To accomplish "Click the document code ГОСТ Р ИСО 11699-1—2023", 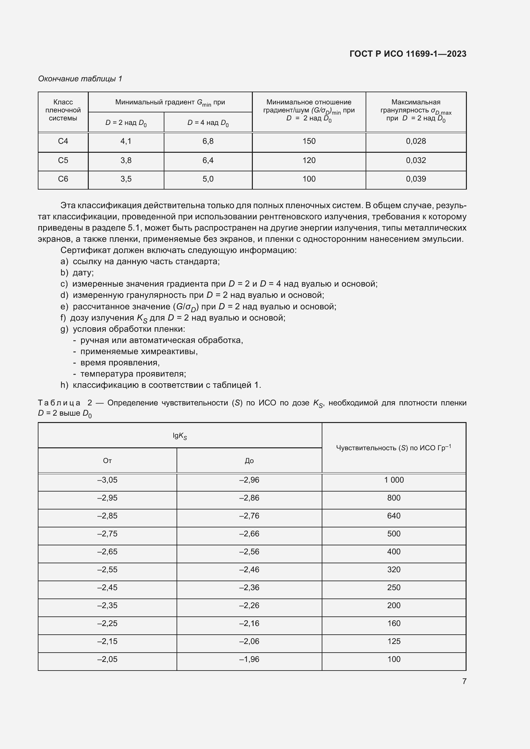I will coord(408,54).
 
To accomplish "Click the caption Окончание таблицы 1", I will coord(80,79).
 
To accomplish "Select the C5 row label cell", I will coord(63,160).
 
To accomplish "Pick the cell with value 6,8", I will coord(208,141).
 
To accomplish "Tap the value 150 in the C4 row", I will coord(309,141).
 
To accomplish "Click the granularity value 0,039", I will coord(416,179).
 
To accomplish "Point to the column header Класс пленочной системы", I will coord(63,110).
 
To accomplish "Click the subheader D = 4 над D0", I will coord(208,123).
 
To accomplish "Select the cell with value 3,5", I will coord(126,179).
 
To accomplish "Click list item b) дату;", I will coord(77,273).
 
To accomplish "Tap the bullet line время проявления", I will coord(120,362).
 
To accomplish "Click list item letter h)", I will coord(64,385).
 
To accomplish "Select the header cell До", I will coord(249,460).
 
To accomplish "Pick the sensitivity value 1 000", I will coord(393,480).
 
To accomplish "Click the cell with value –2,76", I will coord(249,516).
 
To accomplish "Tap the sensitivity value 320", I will coord(393,570).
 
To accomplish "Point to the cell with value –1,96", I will coord(249,659).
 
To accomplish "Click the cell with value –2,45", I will coord(107,588).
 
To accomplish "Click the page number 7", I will coord(464,681).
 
